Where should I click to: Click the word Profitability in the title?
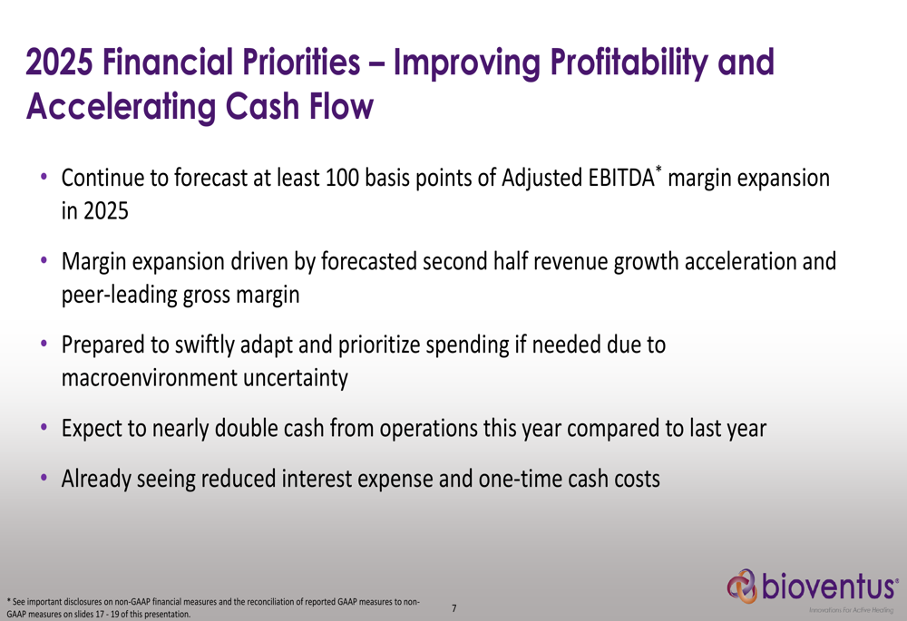coord(629,63)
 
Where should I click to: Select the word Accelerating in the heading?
coord(121,108)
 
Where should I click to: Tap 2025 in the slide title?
coord(59,62)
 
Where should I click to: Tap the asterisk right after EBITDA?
coord(658,169)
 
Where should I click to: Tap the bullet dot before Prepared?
coord(44,344)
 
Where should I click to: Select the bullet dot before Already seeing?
coord(44,478)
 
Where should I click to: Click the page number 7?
coord(454,608)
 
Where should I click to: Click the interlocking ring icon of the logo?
coord(742,587)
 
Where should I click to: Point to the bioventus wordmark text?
coord(829,586)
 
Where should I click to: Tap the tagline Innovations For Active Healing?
coord(851,610)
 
